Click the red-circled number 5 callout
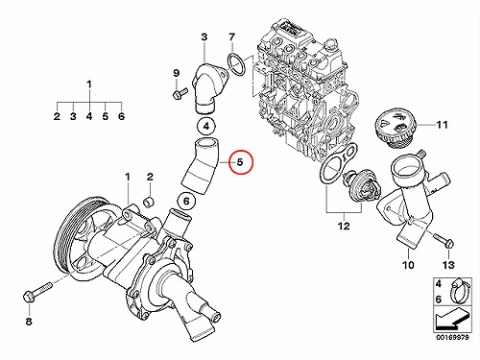click(x=241, y=162)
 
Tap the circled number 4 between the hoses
click(x=206, y=126)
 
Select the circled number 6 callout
click(x=186, y=202)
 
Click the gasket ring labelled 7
click(x=236, y=65)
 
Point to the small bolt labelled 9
click(x=180, y=93)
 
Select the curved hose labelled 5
click(x=200, y=167)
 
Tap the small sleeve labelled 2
click(x=148, y=202)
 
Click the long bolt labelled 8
click(x=37, y=291)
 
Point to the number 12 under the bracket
click(x=345, y=227)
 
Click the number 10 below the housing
click(x=409, y=265)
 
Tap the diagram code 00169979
click(x=452, y=338)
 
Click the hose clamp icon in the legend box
click(x=459, y=291)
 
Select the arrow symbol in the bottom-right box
click(x=452, y=319)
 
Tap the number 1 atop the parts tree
click(x=89, y=84)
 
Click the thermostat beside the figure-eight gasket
click(x=361, y=186)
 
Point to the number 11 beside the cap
click(x=443, y=125)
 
